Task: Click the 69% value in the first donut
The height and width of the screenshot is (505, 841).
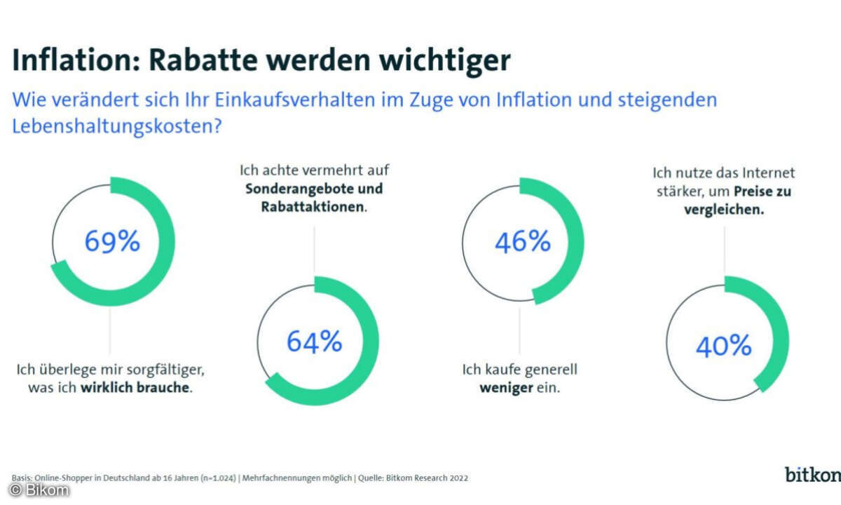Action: pyautogui.click(x=113, y=241)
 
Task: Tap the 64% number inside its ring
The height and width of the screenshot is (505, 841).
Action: pyautogui.click(x=315, y=342)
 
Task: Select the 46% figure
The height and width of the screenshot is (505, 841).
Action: pyautogui.click(x=523, y=241)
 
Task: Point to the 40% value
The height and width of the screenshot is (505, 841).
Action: pyautogui.click(x=724, y=346)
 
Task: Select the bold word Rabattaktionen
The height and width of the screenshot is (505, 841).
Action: pyautogui.click(x=312, y=208)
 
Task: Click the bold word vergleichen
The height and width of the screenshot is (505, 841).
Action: pyautogui.click(x=723, y=209)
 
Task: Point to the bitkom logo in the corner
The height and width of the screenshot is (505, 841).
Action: pyautogui.click(x=812, y=474)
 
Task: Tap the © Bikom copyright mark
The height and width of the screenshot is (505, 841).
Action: pyautogui.click(x=39, y=490)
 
